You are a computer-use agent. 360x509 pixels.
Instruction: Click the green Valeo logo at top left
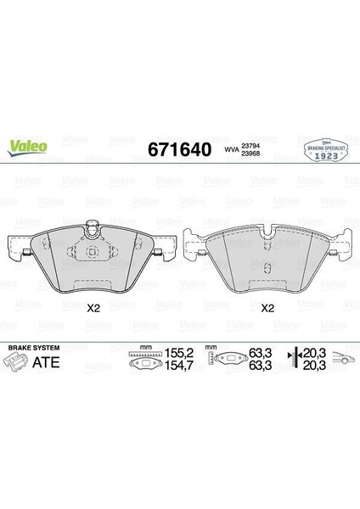pyautogui.click(x=28, y=145)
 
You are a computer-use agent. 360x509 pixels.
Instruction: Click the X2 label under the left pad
pyautogui.click(x=93, y=308)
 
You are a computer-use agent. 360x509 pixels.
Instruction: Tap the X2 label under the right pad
pyautogui.click(x=267, y=308)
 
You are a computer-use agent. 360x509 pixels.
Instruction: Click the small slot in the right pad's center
pyautogui.click(x=267, y=270)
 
